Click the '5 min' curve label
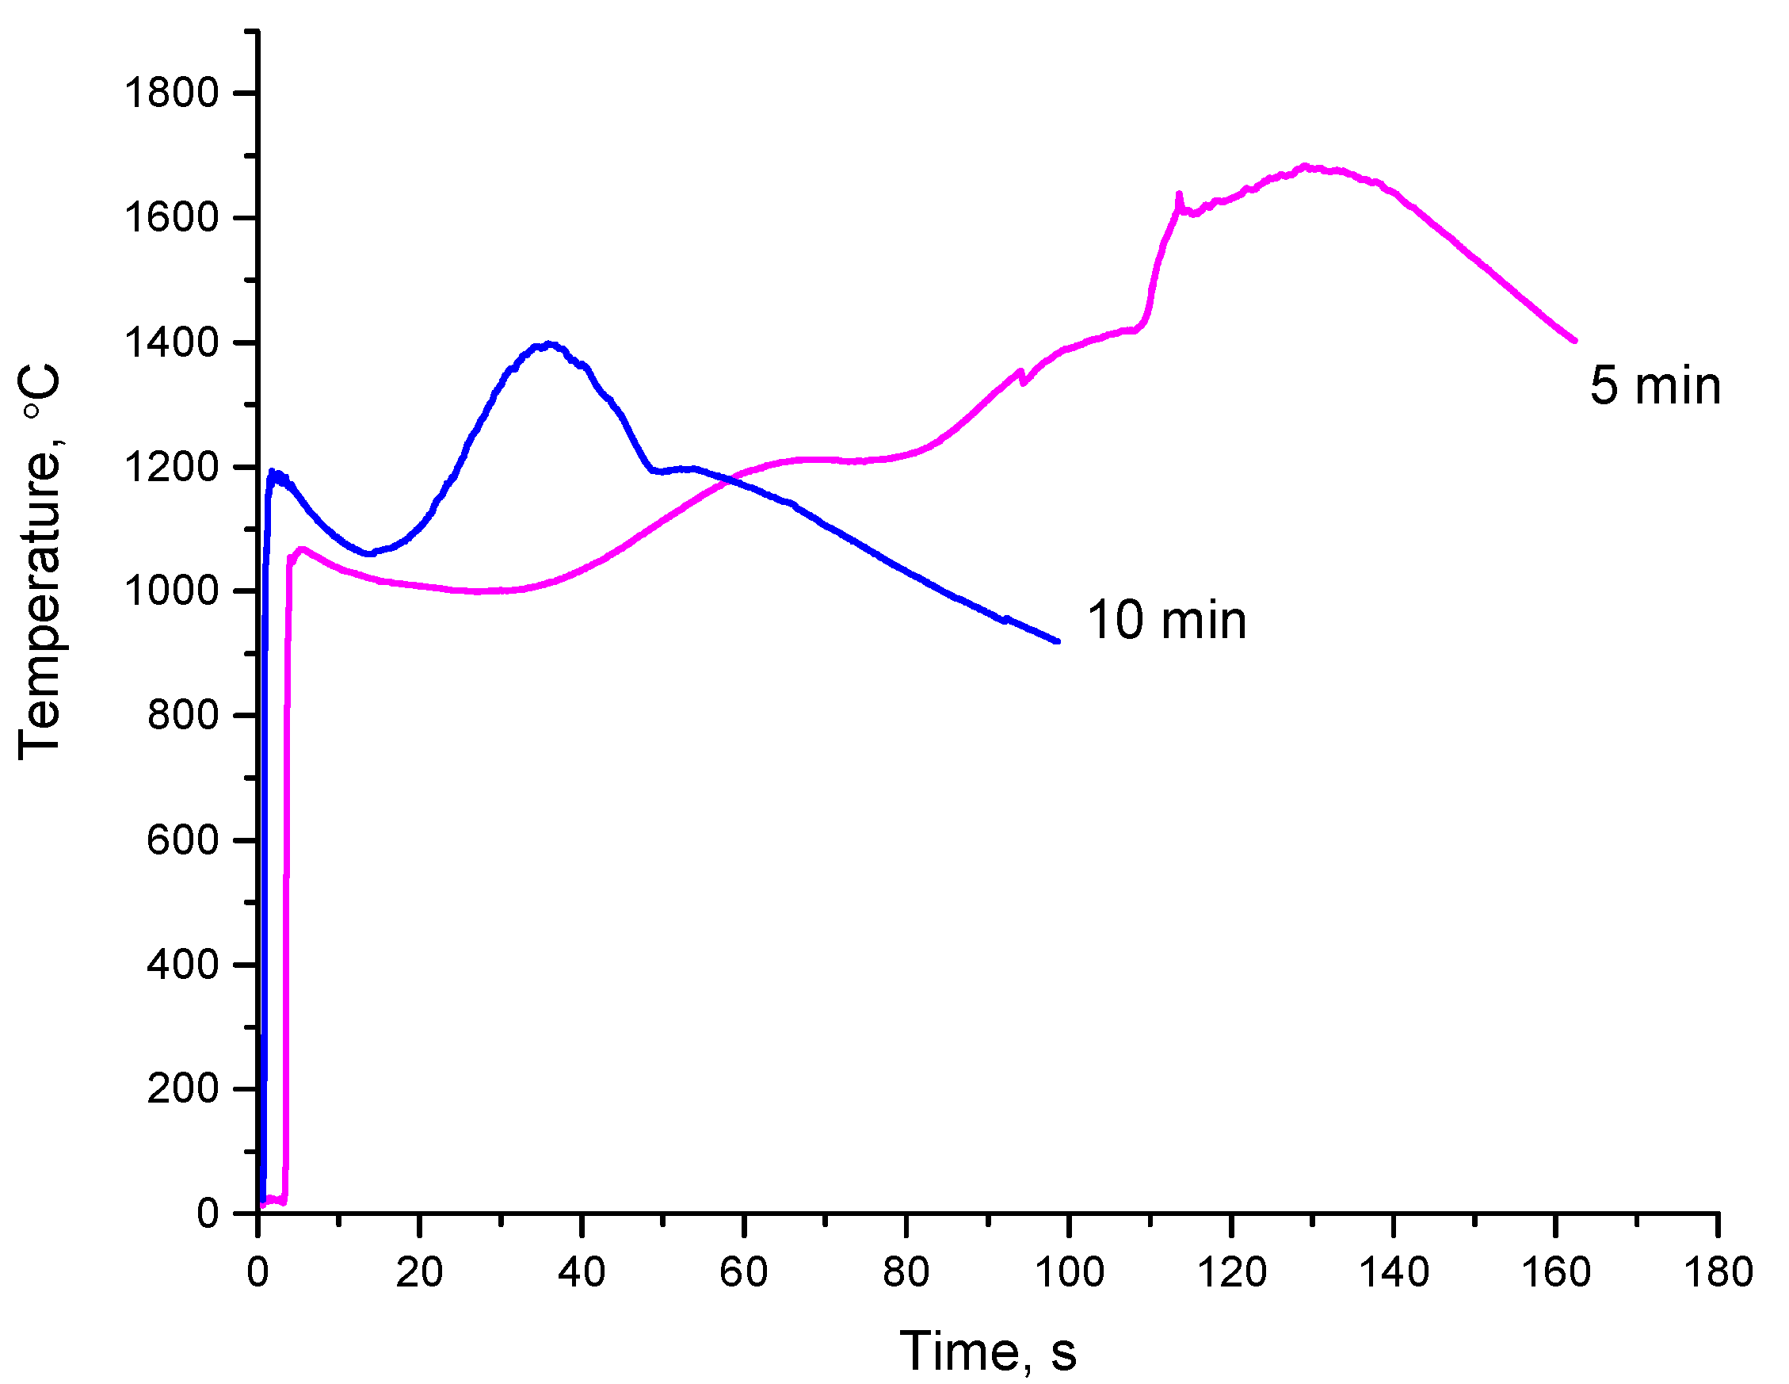click(x=1654, y=386)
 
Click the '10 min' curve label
click(x=1166, y=621)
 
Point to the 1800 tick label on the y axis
click(x=171, y=93)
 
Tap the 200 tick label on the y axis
click(x=183, y=1088)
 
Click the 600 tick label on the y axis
click(x=183, y=840)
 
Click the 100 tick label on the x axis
click(x=1069, y=1272)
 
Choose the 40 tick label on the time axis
click(x=582, y=1272)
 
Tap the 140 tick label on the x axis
click(x=1394, y=1272)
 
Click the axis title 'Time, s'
click(x=988, y=1352)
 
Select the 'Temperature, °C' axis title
click(x=40, y=562)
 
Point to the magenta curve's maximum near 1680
click(x=1305, y=166)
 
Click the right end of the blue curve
click(x=1058, y=641)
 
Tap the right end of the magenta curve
click(x=1574, y=340)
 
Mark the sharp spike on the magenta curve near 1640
click(x=1179, y=195)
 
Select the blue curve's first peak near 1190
click(x=272, y=472)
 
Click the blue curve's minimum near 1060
click(x=370, y=554)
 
